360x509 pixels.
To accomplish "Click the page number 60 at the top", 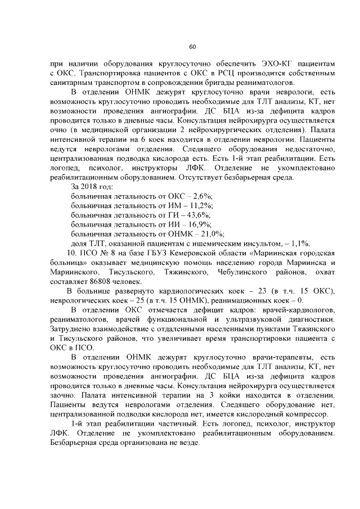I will pyautogui.click(x=192, y=46).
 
